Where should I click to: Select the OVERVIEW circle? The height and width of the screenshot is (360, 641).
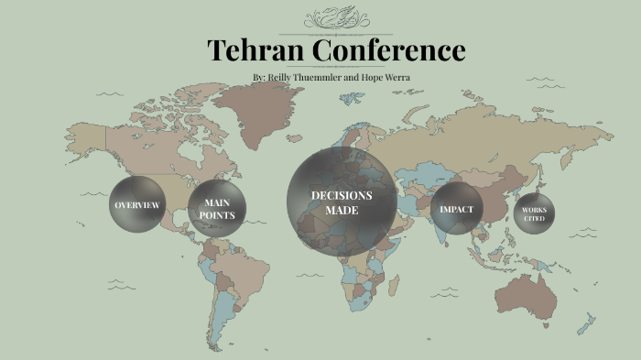[x=137, y=204]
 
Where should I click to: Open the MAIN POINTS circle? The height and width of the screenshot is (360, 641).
[x=218, y=209]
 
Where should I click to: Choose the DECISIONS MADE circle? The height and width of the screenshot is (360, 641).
[x=342, y=202]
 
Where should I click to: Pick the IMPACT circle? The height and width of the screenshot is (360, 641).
[x=456, y=210]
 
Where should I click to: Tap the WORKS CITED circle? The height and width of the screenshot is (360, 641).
[x=535, y=214]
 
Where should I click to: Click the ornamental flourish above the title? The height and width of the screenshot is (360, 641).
[x=336, y=17]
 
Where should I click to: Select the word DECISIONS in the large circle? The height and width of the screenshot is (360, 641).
[x=342, y=195]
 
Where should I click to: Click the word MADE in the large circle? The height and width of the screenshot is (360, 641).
[x=342, y=211]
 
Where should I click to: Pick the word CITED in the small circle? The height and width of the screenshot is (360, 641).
[x=535, y=219]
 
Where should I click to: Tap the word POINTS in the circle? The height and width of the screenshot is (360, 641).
[x=218, y=215]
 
